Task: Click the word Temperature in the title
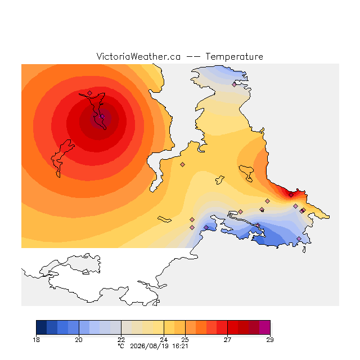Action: pos(234,56)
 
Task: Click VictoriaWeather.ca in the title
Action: pos(138,56)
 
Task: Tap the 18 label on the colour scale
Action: pos(36,340)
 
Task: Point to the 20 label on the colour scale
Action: pos(79,340)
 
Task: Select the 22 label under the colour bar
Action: pos(121,340)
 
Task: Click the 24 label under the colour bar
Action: pos(164,340)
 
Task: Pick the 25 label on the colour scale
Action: pos(185,340)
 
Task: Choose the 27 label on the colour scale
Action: pos(227,340)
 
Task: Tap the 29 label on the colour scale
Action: pos(270,340)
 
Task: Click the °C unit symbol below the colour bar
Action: pos(121,346)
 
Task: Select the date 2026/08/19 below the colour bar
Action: pos(149,346)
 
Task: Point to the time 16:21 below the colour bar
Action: pos(180,346)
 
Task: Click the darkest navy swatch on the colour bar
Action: pos(42,327)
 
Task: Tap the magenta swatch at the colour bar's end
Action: pos(265,327)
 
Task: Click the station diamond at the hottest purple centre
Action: pos(102,116)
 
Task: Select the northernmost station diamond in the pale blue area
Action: pos(234,85)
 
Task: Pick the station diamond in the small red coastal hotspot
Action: pos(291,195)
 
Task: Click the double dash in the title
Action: pos(193,57)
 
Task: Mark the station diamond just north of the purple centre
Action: pos(90,93)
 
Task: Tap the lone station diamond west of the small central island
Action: pos(182,164)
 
